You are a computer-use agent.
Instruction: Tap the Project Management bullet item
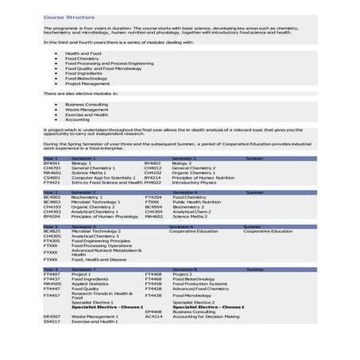[84, 83]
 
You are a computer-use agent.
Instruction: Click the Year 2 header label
[50, 192]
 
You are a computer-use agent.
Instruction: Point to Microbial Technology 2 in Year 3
[96, 231]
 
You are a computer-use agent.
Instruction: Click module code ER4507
[52, 316]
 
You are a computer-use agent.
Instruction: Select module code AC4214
[153, 316]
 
